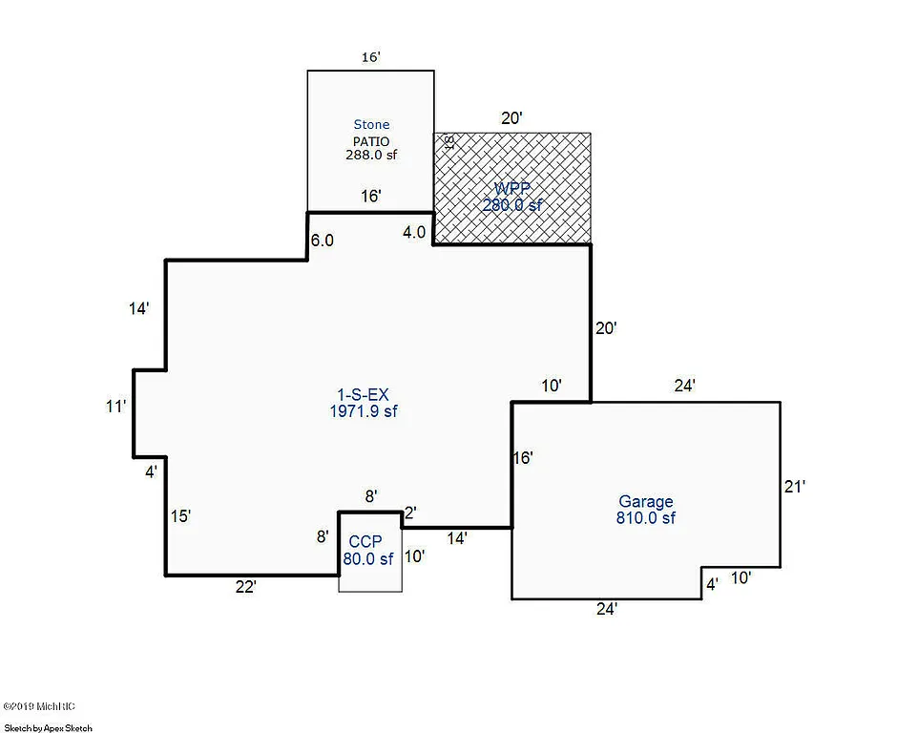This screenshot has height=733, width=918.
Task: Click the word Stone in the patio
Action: (371, 124)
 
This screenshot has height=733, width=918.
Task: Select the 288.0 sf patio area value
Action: (371, 152)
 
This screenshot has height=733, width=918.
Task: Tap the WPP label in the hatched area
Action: (511, 189)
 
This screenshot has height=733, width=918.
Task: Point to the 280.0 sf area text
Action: (511, 204)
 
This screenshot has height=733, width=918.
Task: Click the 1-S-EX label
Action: (365, 394)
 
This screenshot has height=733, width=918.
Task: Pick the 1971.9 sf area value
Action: (365, 411)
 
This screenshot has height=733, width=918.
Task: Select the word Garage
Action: (645, 501)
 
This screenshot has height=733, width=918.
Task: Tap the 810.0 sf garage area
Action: (645, 518)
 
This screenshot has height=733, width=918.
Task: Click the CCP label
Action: (370, 541)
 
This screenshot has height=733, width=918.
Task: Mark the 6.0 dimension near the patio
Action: (323, 241)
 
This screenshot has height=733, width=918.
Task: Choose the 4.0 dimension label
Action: (414, 232)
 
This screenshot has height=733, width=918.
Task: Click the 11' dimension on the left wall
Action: (115, 407)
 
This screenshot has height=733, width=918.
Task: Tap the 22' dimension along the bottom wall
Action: (245, 588)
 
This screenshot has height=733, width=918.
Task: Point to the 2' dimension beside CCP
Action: (410, 513)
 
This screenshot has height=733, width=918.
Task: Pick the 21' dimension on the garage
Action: (795, 486)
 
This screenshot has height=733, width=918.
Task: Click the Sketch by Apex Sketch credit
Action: (48, 727)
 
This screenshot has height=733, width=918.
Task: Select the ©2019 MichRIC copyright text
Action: (39, 706)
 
